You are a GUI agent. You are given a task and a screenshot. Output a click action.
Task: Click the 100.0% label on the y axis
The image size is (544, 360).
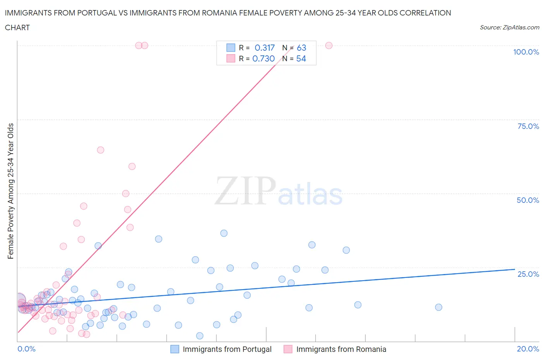pos(526,52)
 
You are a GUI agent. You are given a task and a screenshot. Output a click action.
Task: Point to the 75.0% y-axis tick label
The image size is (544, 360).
pos(528,126)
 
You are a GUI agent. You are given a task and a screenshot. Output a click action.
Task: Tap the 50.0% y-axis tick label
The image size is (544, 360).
pos(528,200)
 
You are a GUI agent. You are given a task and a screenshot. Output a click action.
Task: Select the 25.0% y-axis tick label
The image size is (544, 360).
pos(528,274)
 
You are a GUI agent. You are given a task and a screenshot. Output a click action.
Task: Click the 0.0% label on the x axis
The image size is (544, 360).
pos(26,349)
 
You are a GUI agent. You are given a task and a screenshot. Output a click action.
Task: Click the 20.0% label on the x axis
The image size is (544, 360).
pos(528,349)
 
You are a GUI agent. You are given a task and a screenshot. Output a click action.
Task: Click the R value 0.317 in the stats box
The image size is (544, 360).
pos(264,48)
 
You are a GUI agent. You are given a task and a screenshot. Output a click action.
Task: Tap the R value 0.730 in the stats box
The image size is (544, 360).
pos(263,58)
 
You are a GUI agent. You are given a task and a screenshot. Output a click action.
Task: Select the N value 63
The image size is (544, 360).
pos(301,48)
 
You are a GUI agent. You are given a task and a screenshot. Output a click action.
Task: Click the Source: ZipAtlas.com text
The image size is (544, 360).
pos(509,27)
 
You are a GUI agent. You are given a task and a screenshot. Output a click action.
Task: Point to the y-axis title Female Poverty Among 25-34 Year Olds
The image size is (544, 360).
pos(11,191)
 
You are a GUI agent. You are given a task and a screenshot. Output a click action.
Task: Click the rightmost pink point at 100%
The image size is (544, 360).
pos(329,45)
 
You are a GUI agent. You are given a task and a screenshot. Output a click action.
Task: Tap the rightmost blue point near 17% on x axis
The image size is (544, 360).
pos(438,307)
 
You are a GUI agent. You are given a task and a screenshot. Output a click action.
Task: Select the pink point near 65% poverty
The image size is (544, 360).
pos(101,150)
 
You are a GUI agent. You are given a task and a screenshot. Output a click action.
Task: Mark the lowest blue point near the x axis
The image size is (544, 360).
pos(200,336)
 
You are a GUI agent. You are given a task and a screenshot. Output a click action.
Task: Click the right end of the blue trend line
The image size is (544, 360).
pos(515,269)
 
